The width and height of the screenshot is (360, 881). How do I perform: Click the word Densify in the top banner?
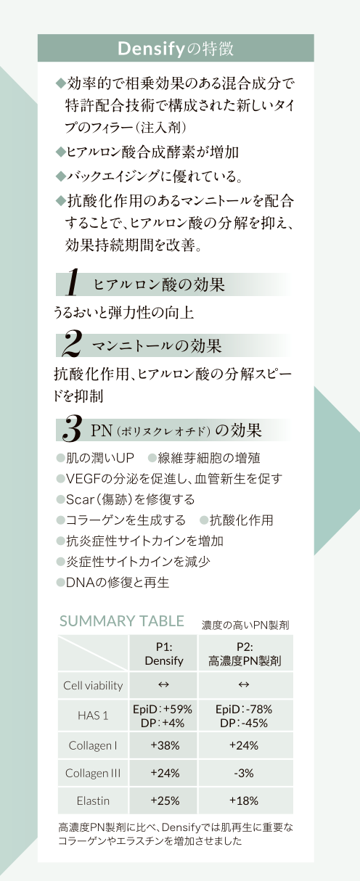coord(151,49)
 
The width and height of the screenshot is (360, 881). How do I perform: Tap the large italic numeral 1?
coord(73,282)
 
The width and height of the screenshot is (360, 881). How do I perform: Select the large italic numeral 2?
coord(72,343)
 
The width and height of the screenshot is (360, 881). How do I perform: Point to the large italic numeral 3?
coord(72,428)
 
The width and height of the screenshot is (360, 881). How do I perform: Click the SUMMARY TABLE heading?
coord(122,620)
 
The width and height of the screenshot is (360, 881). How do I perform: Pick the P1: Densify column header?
coord(164,654)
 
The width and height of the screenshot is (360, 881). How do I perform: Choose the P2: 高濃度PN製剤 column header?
coord(245,654)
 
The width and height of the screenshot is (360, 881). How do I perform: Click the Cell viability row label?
coord(93,686)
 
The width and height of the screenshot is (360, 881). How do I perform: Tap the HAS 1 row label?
coord(93,716)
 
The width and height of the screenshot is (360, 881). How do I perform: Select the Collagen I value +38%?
coord(165,745)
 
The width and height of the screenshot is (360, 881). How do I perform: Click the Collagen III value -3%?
coord(244,774)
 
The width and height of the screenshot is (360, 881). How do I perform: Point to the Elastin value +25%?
coord(165,800)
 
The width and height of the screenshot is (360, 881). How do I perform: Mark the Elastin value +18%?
coord(244,800)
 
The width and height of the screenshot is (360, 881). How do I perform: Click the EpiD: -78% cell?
coord(244,709)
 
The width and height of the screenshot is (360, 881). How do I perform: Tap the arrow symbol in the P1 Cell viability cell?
coord(163,685)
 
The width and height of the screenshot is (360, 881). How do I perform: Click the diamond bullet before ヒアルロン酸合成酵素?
coord(60,152)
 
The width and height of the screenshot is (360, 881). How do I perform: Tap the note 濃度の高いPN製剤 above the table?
coord(245,625)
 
